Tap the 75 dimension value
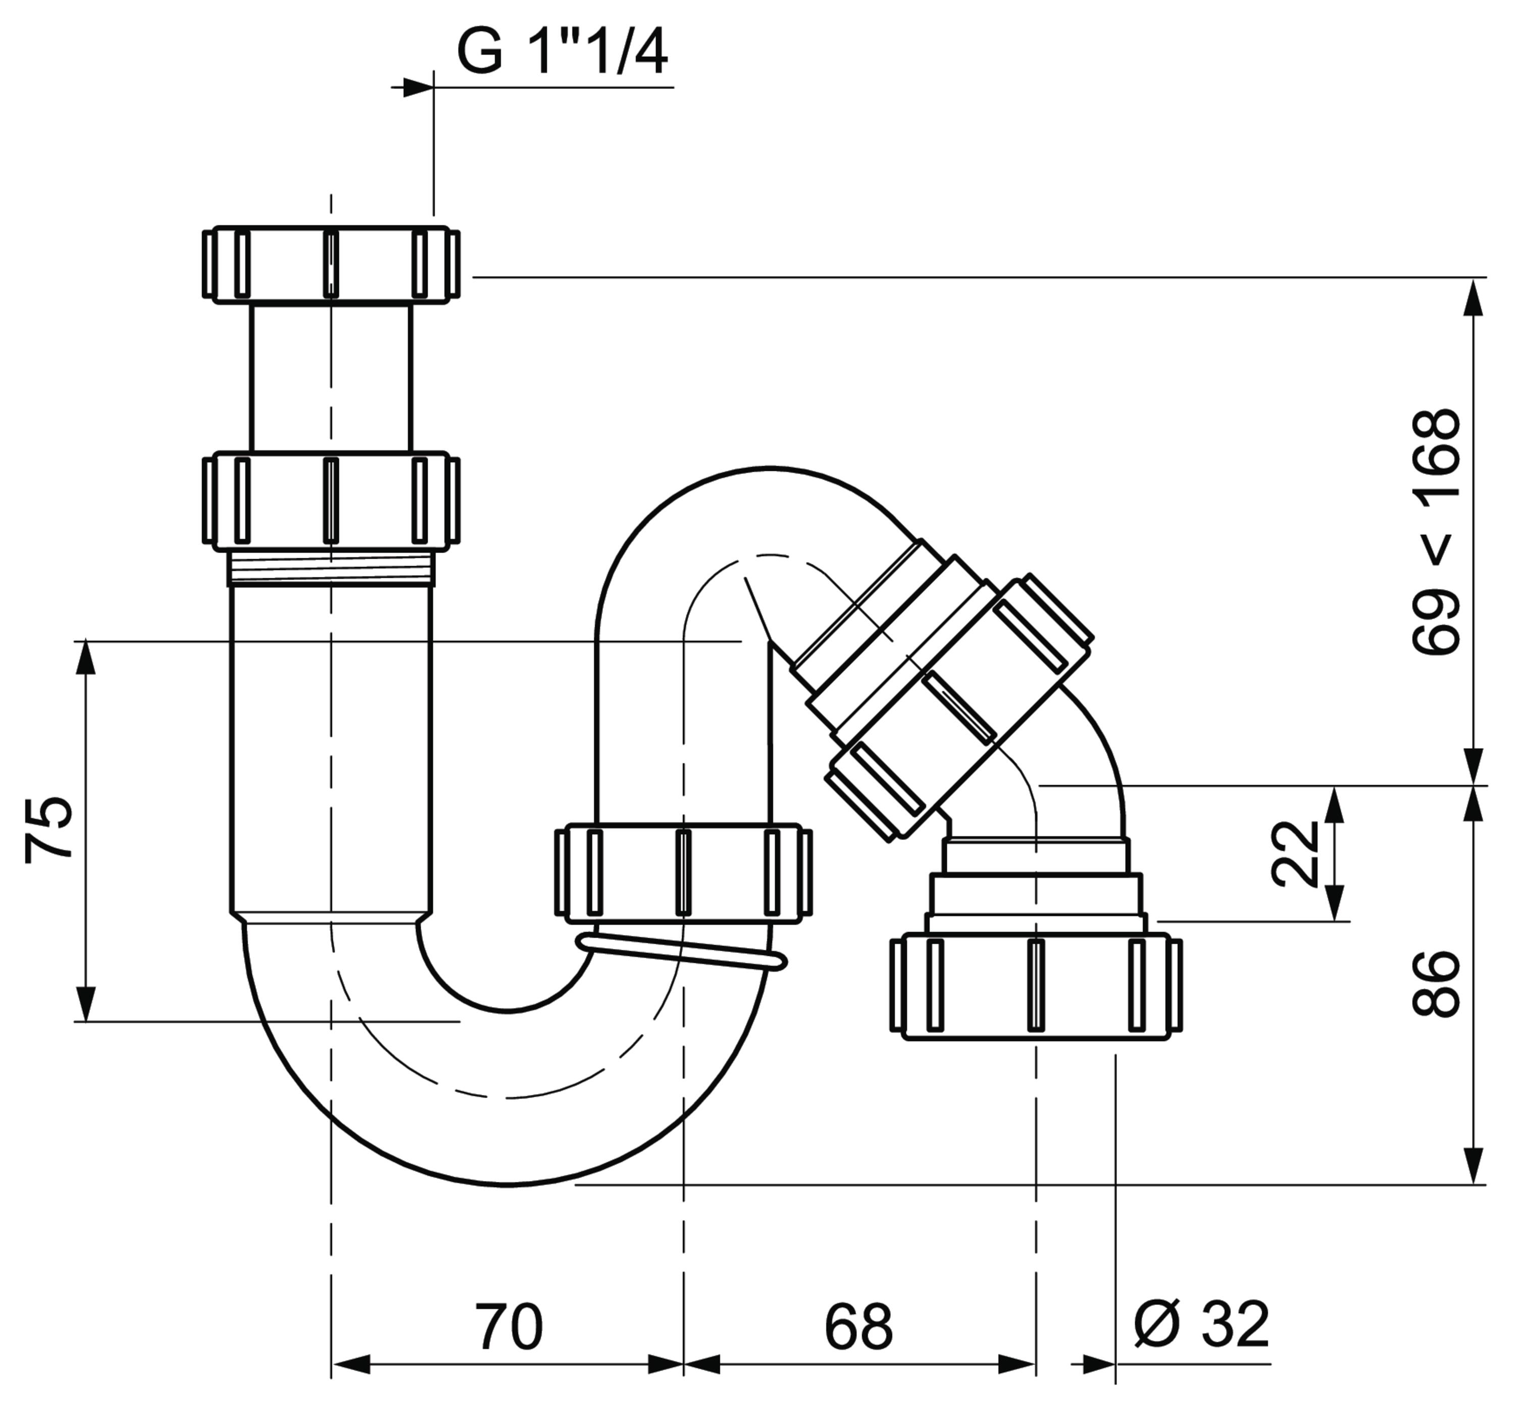[49, 829]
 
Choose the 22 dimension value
[1295, 853]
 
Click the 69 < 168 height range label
[1436, 531]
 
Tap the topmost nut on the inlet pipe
[331, 263]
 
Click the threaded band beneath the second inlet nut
[331, 568]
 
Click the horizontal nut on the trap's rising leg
[683, 872]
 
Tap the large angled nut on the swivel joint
[962, 709]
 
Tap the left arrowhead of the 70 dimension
[350, 1365]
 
